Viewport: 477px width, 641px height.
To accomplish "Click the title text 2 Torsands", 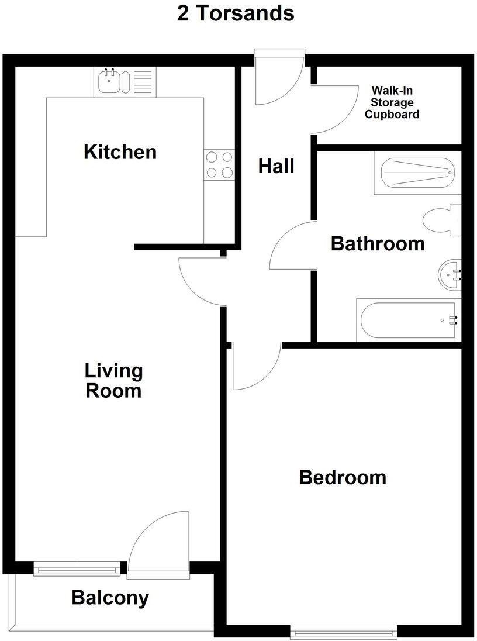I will coord(236,13).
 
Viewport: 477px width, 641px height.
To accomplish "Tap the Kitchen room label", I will coord(120,152).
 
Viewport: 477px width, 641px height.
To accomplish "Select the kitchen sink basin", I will coord(108,82).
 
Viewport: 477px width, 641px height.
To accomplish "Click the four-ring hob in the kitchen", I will coord(219,164).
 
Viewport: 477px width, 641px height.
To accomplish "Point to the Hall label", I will coord(276,167).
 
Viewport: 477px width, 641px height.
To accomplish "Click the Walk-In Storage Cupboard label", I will coord(392,103).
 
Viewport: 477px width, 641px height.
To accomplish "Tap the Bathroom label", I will coord(378,243).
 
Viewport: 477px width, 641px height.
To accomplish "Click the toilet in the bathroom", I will coord(441,221).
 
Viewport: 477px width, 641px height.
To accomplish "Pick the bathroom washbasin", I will coord(450,275).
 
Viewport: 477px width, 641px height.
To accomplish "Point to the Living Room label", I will coord(113,380).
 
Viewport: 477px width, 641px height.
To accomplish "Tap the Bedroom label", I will coord(343,477).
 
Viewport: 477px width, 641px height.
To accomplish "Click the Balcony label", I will coord(110,598).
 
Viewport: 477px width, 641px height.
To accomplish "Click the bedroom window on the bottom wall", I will coord(344,632).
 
